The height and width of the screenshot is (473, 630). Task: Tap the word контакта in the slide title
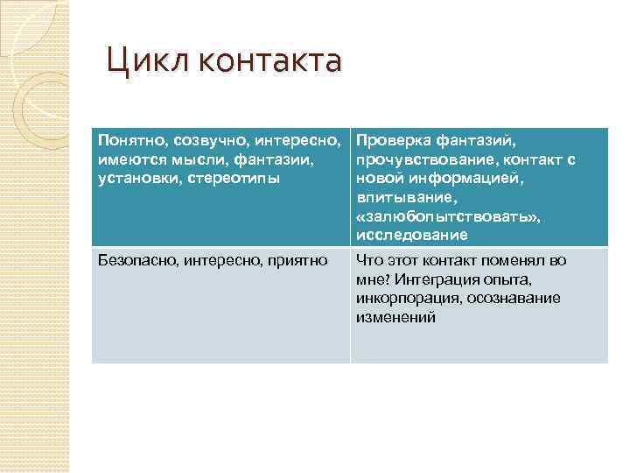(269, 62)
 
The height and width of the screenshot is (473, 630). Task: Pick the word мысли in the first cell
(195, 159)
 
